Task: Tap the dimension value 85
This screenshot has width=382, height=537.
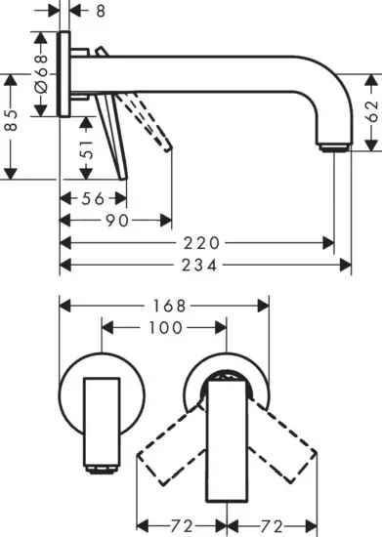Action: click(x=10, y=122)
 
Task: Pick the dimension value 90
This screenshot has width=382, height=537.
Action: click(x=116, y=221)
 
